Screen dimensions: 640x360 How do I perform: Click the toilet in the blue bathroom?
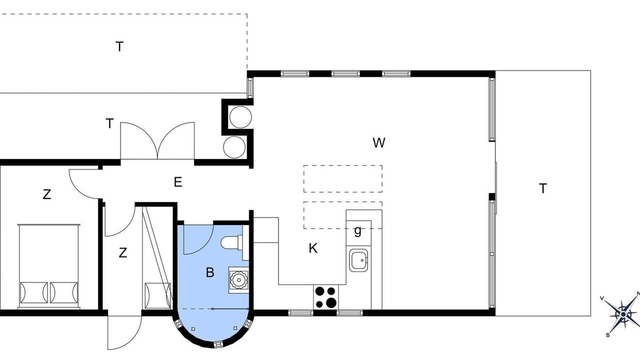click(x=231, y=242)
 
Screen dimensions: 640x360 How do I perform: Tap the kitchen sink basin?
click(x=358, y=260)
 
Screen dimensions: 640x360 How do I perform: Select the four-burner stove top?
click(x=325, y=297)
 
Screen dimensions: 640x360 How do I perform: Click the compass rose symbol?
click(x=623, y=315)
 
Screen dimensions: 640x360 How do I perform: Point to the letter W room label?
click(x=379, y=142)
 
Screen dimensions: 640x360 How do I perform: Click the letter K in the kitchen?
click(x=313, y=248)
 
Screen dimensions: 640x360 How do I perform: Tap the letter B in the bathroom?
click(x=210, y=272)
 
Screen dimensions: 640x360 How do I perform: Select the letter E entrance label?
click(x=178, y=182)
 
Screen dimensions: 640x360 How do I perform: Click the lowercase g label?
click(x=357, y=231)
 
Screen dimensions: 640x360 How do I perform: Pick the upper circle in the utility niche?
click(x=240, y=117)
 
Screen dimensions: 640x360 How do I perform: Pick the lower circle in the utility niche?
click(x=234, y=147)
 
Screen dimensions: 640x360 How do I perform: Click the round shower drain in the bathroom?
click(x=238, y=279)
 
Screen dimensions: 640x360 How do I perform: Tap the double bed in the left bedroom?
click(x=48, y=266)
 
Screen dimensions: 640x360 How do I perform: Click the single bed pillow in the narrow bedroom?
click(x=157, y=293)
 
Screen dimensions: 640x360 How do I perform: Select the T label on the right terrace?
click(x=543, y=188)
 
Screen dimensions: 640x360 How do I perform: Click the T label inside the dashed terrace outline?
click(x=119, y=46)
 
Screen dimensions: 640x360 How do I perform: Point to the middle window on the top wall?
click(x=345, y=73)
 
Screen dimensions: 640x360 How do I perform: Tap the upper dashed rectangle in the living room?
click(x=343, y=178)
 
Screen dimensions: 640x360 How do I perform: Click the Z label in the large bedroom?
click(x=47, y=194)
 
